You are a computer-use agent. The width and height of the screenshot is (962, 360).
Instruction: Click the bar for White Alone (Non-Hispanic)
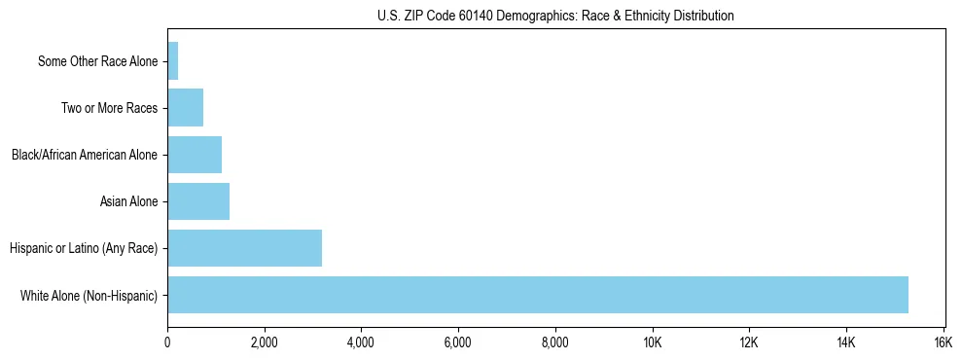(x=537, y=295)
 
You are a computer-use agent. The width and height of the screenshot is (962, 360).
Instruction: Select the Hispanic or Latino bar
(x=244, y=248)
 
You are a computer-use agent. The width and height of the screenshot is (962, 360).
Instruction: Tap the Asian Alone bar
(x=198, y=201)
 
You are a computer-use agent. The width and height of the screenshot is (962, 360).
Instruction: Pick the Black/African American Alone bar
(x=195, y=155)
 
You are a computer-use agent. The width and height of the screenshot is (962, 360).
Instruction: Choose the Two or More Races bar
(x=185, y=108)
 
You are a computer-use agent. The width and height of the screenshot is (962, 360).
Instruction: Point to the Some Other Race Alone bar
(x=173, y=61)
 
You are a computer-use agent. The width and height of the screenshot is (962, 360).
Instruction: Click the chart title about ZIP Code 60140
(x=555, y=17)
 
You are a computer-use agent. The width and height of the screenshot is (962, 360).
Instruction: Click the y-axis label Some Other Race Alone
(x=98, y=61)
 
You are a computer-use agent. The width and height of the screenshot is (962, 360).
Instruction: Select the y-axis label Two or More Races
(x=110, y=108)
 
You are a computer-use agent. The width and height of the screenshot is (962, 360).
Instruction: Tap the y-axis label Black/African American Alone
(x=85, y=155)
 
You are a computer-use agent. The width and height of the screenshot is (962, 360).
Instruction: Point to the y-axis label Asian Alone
(x=129, y=201)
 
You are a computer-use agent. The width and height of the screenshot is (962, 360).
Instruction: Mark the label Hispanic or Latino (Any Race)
(x=84, y=248)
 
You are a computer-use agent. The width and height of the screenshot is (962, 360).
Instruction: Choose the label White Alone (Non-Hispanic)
(x=89, y=295)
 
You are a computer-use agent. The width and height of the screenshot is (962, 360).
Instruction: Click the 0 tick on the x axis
(x=167, y=342)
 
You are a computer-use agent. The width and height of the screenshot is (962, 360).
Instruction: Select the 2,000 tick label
(x=264, y=342)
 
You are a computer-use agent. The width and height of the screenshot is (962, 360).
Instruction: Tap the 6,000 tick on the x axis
(x=458, y=342)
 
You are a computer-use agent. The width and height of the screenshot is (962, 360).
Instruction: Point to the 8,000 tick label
(x=554, y=342)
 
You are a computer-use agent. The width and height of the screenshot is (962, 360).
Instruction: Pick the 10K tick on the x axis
(x=652, y=342)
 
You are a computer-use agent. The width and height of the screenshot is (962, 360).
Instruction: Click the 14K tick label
(x=845, y=342)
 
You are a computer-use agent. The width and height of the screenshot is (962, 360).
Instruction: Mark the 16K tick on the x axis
(x=943, y=342)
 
